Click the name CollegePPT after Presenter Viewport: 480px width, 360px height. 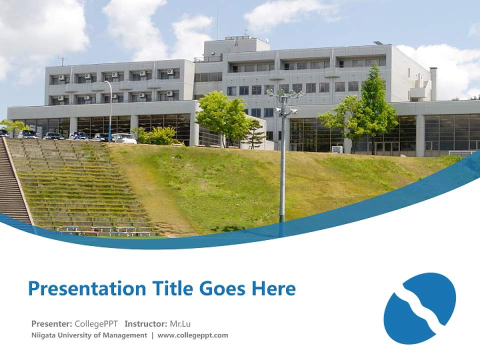pos(96,323)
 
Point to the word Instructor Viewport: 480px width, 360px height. pos(145,323)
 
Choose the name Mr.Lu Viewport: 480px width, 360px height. pos(180,323)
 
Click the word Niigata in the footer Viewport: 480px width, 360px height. pos(43,335)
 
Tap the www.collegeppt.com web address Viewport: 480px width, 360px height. pos(192,335)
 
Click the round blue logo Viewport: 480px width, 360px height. pos(419,308)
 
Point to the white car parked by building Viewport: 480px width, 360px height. pos(123,138)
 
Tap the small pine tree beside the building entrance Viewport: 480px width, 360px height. pos(255,132)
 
